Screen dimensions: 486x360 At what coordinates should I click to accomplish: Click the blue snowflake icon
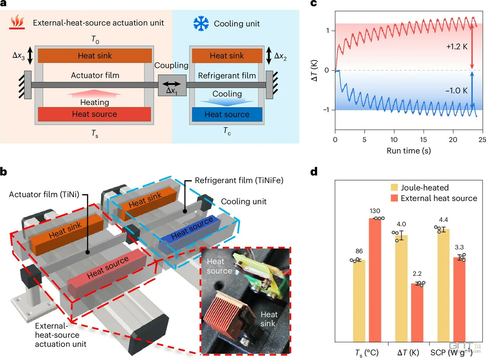tap(201, 23)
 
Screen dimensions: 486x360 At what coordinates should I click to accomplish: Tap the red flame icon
tap(17, 22)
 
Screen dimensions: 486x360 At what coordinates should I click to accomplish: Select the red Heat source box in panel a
tap(94, 114)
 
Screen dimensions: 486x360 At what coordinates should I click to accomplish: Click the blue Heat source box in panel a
tap(227, 114)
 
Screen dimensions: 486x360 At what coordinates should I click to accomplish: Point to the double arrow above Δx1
tap(172, 84)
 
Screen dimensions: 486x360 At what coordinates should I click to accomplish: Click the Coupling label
tap(171, 65)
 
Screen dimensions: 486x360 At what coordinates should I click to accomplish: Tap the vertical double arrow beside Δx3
tap(30, 56)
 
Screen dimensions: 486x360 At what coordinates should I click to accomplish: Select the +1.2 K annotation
tap(457, 46)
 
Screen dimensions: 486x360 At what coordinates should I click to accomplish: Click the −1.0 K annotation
tap(457, 90)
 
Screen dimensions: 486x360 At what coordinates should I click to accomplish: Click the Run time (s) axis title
tap(409, 151)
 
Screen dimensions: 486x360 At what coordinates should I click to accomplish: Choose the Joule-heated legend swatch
tap(394, 188)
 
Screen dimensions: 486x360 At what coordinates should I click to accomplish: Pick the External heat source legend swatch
tap(394, 198)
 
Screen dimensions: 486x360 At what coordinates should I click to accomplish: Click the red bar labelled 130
tap(375, 280)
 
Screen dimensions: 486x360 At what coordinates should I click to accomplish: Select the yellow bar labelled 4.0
tap(401, 288)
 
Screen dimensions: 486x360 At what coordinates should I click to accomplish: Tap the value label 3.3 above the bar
tap(459, 247)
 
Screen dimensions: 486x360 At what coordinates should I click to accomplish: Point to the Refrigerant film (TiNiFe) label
tap(239, 180)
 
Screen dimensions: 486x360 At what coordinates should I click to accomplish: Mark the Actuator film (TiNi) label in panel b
tap(44, 194)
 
